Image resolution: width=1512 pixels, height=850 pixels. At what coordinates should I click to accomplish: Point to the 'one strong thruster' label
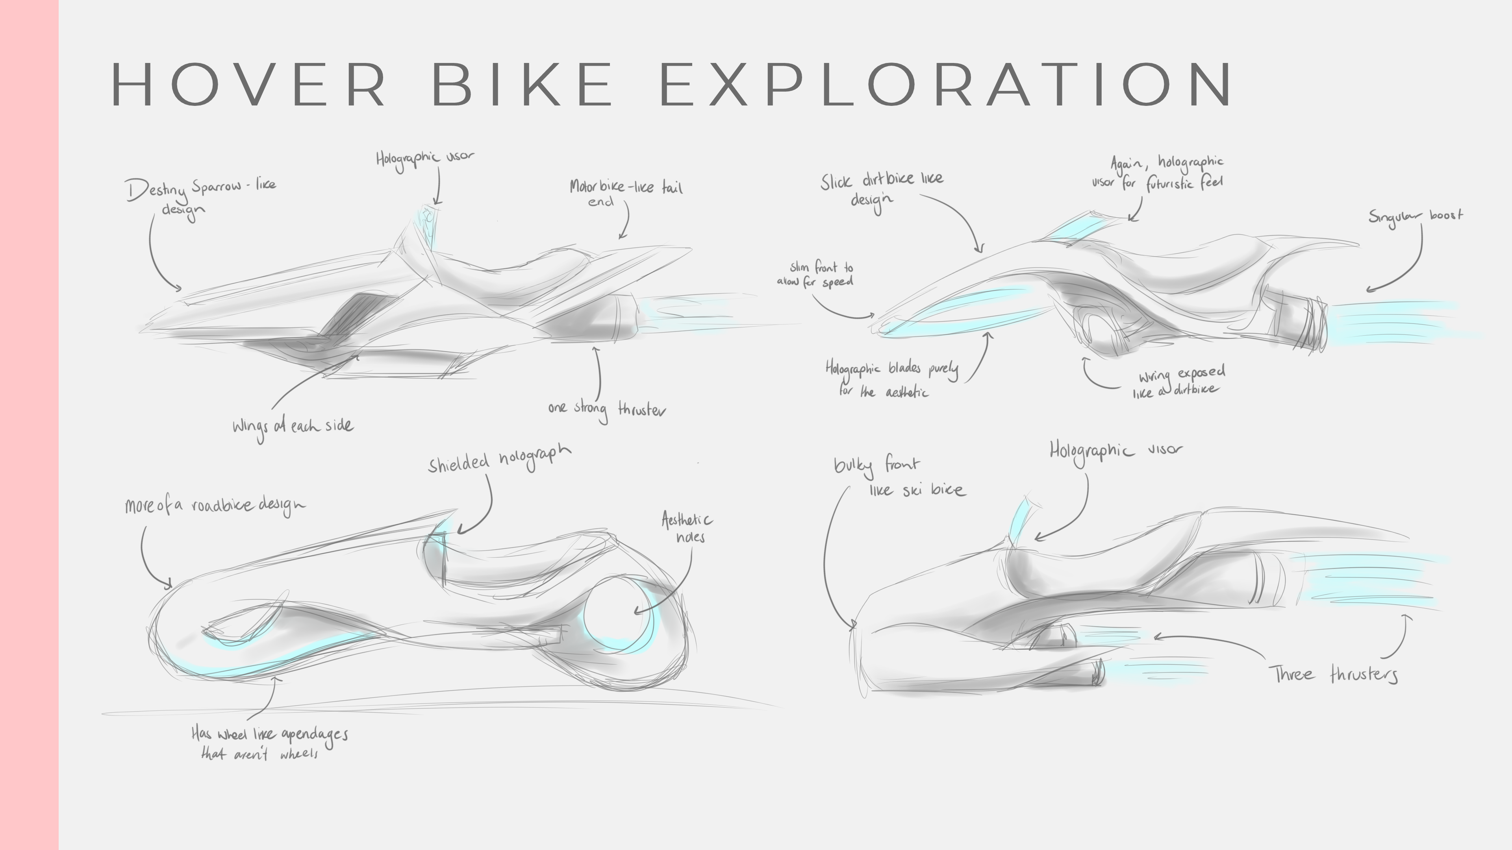(x=607, y=409)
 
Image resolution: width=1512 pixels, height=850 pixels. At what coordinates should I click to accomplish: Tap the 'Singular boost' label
(x=1415, y=216)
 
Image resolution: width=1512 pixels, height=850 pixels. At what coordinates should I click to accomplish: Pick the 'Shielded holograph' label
(x=499, y=459)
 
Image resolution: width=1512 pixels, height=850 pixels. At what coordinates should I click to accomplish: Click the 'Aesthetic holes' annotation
(x=686, y=527)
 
